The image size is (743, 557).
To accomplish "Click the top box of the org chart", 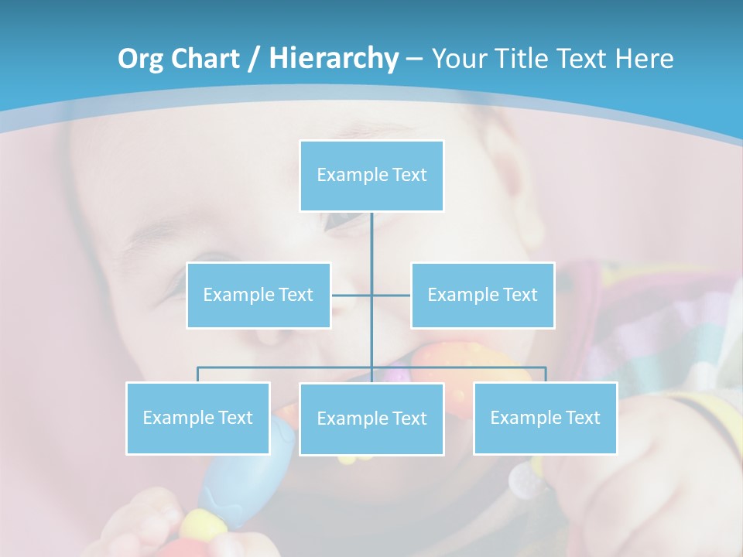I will pyautogui.click(x=371, y=176).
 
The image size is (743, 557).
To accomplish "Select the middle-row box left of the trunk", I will pyautogui.click(x=259, y=296).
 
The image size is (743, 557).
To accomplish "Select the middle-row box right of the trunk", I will pyautogui.click(x=482, y=296).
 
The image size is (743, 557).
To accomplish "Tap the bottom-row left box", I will pyautogui.click(x=198, y=419).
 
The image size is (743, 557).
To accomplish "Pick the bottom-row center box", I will pyautogui.click(x=371, y=419).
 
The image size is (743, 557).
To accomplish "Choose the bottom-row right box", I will pyautogui.click(x=545, y=419).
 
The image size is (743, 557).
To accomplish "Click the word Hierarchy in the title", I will pyautogui.click(x=334, y=59).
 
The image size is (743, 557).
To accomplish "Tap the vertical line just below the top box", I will pyautogui.click(x=371, y=232).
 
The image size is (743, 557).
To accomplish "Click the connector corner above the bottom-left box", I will pyautogui.click(x=198, y=368).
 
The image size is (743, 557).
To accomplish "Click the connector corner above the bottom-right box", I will pyautogui.click(x=545, y=368).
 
